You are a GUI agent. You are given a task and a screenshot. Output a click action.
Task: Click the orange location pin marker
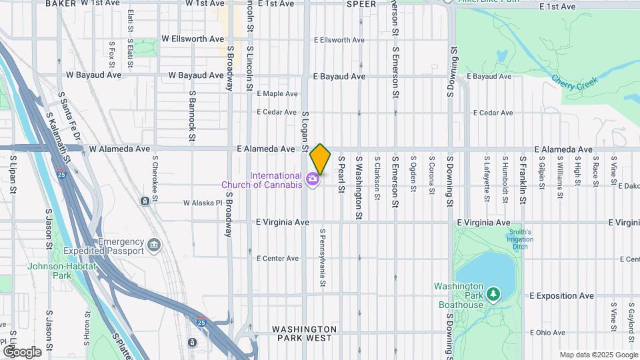coord(320,159)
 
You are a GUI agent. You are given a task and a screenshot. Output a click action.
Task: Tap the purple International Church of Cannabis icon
coord(311,179)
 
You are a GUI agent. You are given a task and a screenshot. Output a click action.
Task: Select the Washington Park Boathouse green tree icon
coord(493,293)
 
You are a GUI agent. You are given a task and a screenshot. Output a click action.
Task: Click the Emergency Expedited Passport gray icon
coord(155,246)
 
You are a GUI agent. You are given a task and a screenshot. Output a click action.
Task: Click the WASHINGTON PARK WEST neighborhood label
coord(304,333)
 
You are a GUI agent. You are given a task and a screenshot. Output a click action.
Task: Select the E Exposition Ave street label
coord(561,295)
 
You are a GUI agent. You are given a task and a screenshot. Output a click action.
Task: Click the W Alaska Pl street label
coord(202,203)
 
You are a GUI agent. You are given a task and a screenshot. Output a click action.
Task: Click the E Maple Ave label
coord(277,94)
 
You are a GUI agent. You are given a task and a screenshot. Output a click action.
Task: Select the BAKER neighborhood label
coord(61,4)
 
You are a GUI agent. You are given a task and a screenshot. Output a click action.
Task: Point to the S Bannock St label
coord(191,111)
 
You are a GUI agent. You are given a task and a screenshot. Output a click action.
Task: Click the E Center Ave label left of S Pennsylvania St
coord(277,259)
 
